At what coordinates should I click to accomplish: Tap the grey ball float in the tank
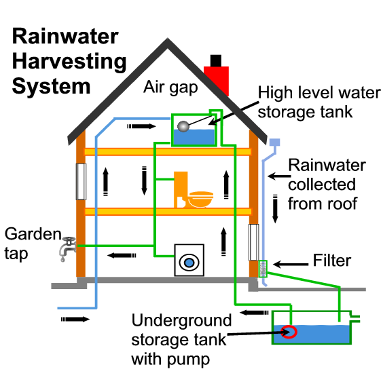tap(183, 126)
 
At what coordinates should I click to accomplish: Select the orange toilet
tap(181, 189)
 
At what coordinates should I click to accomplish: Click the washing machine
tap(190, 260)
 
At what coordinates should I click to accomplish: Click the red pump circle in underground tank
tap(289, 332)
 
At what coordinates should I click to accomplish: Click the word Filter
tap(332, 260)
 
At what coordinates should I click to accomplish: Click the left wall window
tap(81, 181)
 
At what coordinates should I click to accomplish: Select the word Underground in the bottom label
tap(181, 321)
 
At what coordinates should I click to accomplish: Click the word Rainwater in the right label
tap(327, 166)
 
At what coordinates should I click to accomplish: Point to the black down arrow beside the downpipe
tap(276, 209)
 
